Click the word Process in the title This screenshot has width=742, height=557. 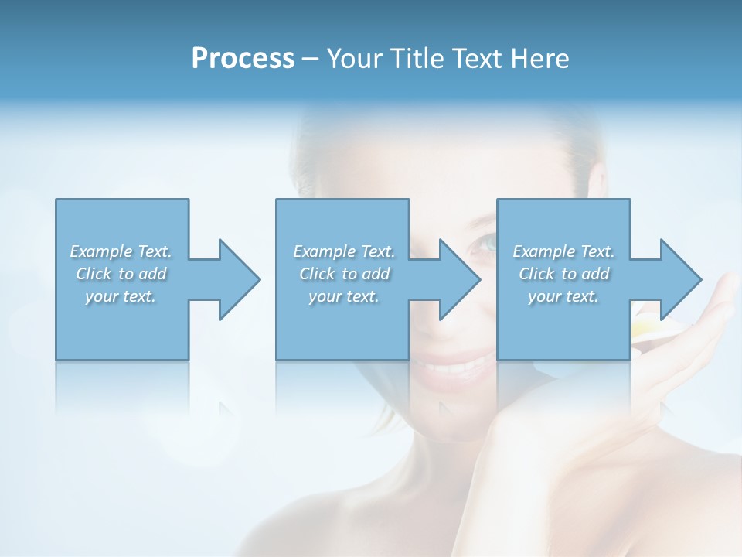tap(243, 59)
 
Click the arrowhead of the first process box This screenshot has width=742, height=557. tap(240, 279)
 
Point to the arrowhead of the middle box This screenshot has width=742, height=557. tap(460, 279)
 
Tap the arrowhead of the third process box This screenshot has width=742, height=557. tap(681, 279)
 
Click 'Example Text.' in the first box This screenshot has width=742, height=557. tap(121, 251)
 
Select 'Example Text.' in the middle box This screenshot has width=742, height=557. tap(344, 251)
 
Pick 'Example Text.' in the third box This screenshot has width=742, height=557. tap(563, 251)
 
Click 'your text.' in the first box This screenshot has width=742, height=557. tap(121, 296)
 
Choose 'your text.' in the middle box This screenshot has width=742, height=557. tap(344, 296)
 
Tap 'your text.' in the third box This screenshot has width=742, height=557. tap(563, 296)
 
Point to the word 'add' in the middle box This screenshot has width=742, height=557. tap(376, 274)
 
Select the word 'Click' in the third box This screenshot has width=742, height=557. tap(536, 274)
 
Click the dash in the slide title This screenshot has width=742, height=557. tap(311, 59)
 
